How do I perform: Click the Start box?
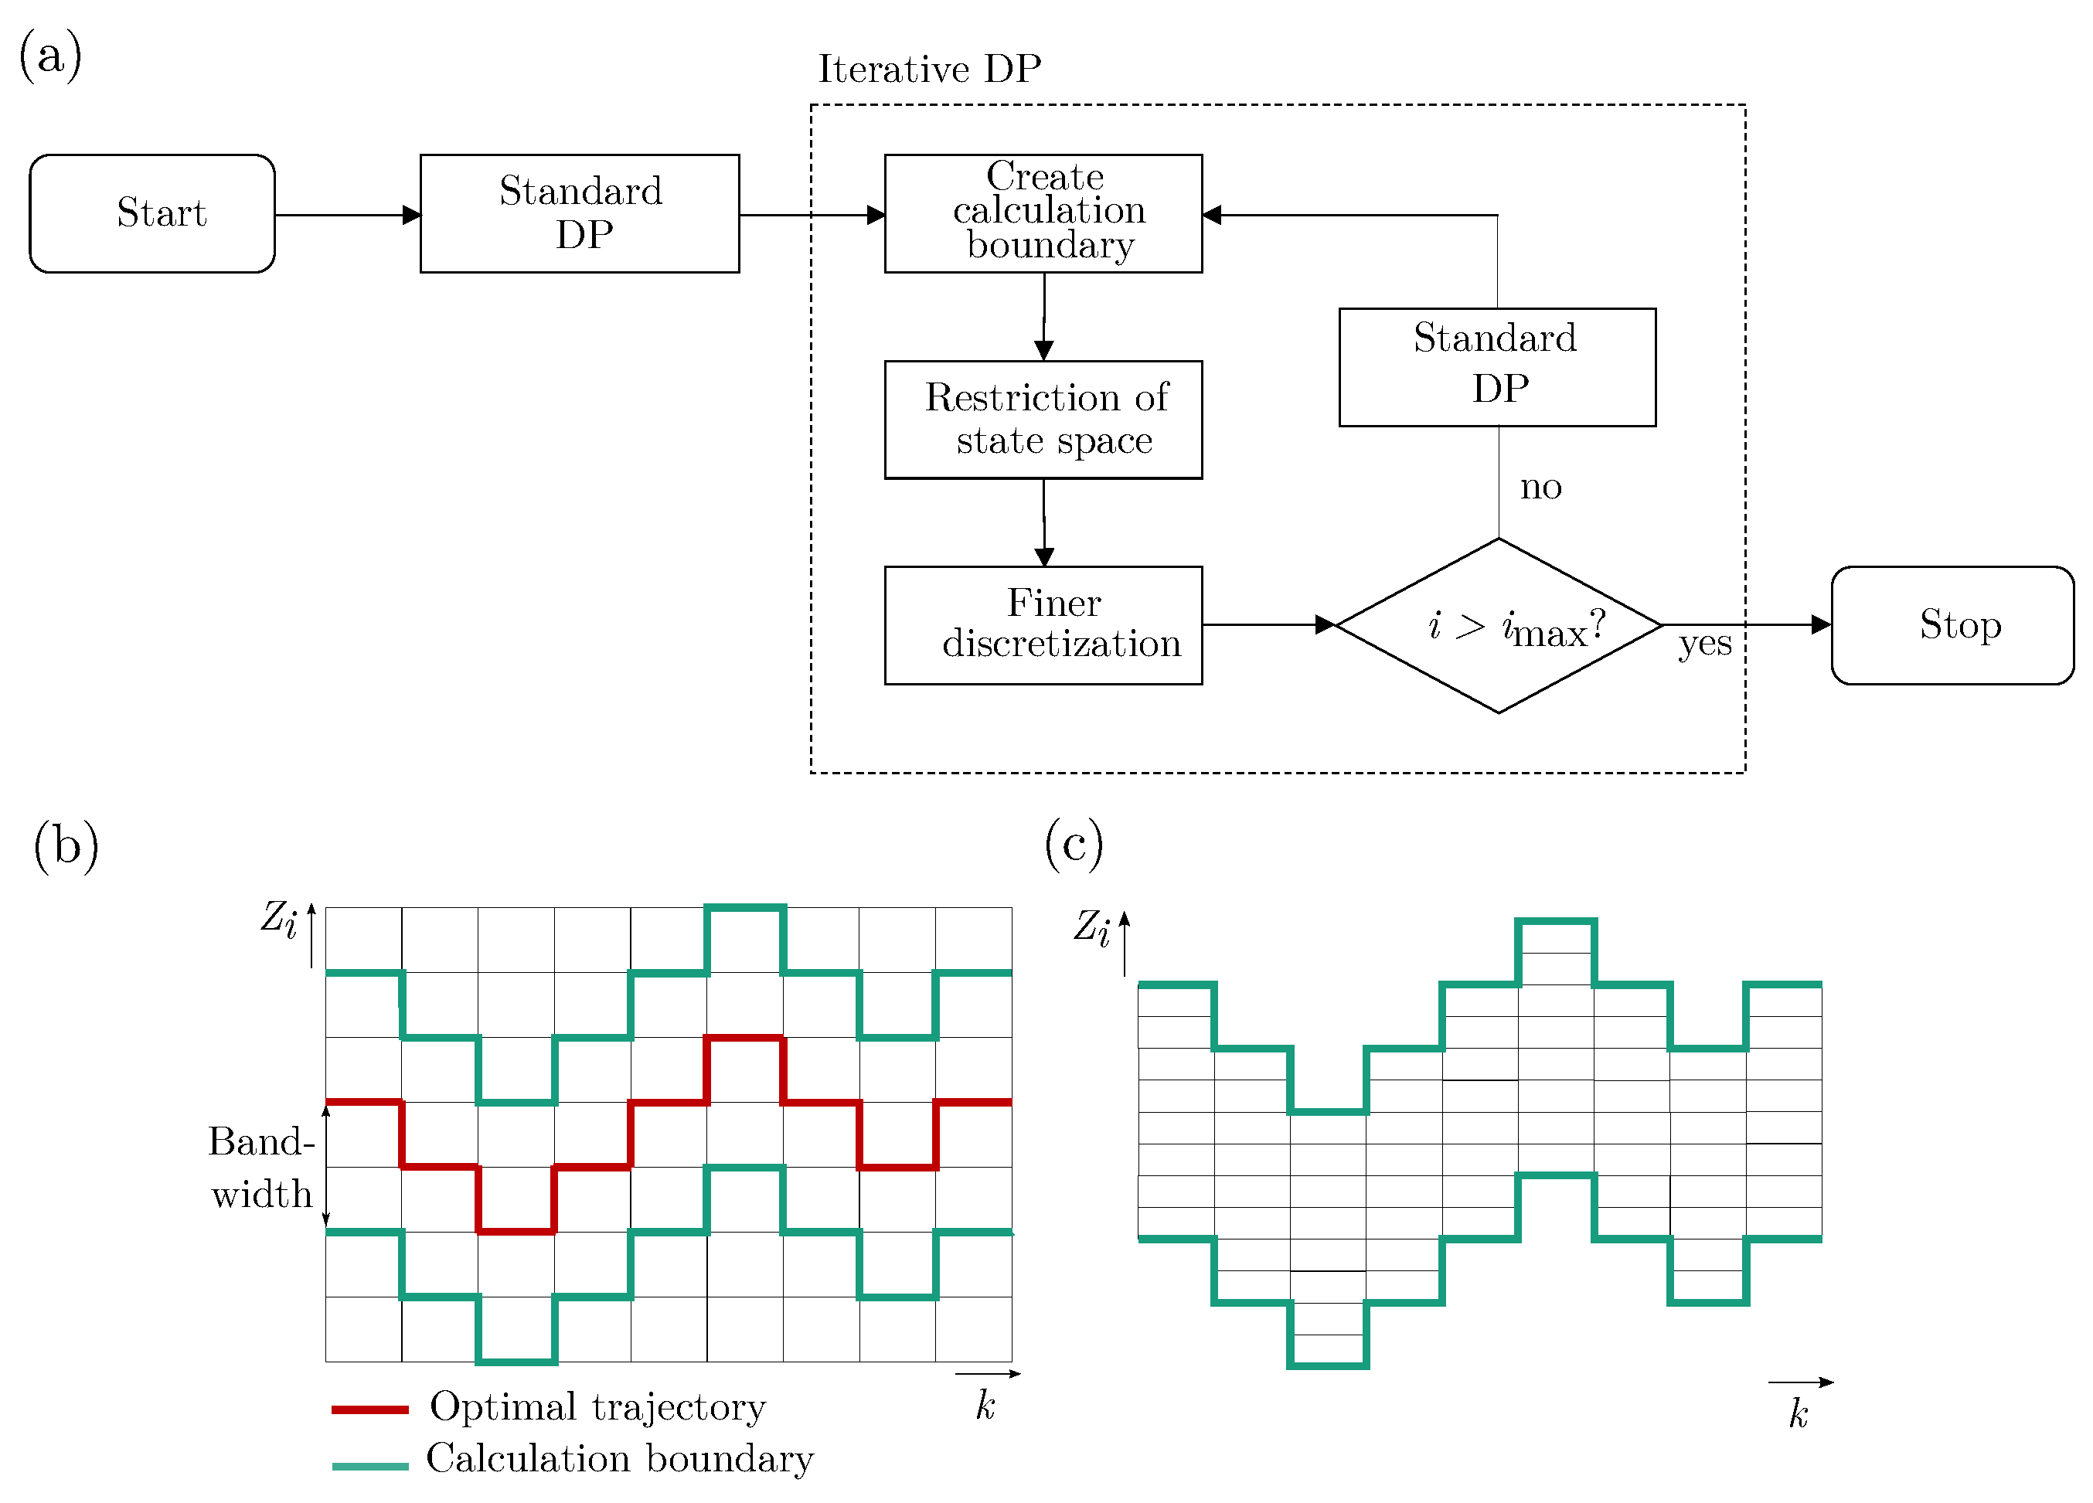point(152,213)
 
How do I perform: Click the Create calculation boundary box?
point(1043,213)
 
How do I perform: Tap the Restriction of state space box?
point(1043,419)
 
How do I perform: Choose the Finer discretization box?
point(1043,624)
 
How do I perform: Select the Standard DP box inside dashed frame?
point(1497,366)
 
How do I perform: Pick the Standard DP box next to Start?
point(580,213)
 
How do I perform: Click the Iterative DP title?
point(929,70)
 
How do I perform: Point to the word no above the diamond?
point(1540,486)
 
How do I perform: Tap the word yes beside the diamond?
point(1703,643)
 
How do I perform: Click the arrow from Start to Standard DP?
point(347,215)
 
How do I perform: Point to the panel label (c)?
point(1074,843)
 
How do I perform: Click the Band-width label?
point(262,1167)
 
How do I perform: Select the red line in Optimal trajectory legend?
point(369,1409)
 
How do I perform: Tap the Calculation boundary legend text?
point(619,1459)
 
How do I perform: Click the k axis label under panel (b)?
point(985,1406)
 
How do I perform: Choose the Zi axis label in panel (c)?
point(1092,927)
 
